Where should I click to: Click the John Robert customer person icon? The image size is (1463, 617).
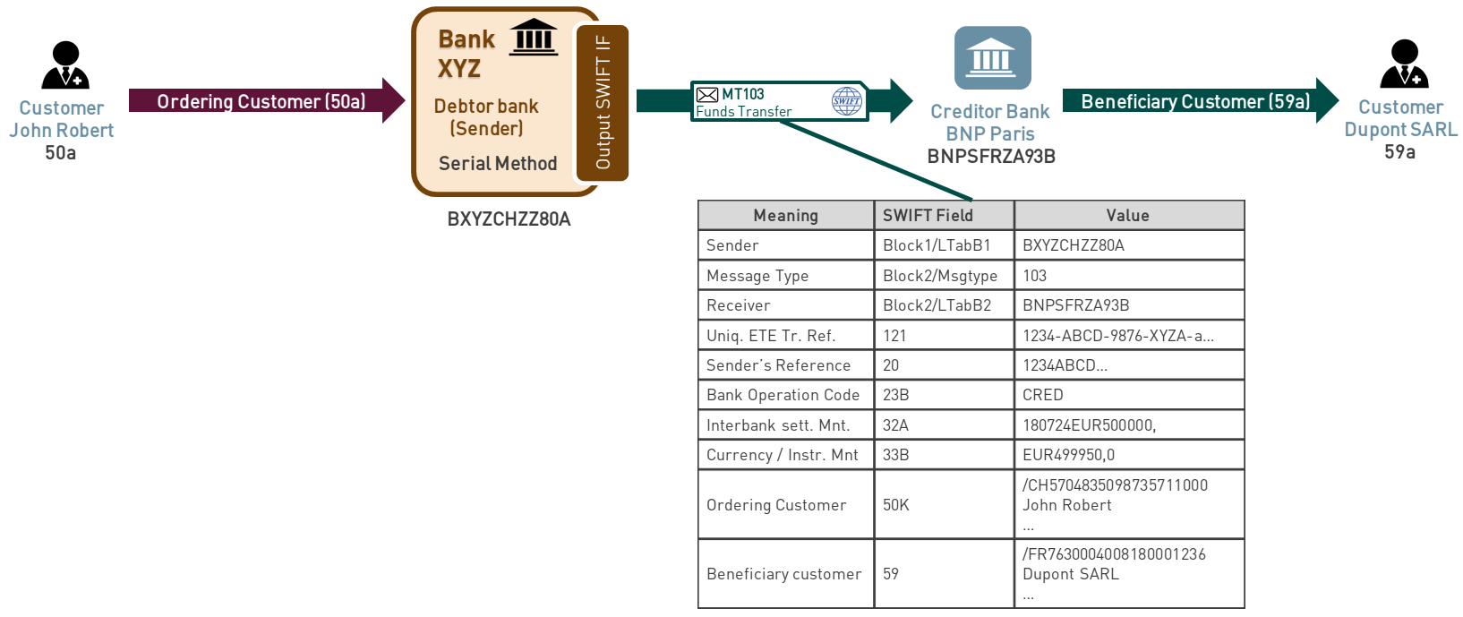coord(65,65)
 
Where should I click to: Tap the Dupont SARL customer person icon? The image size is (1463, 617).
coord(1403,64)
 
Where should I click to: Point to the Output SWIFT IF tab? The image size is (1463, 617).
coord(603,103)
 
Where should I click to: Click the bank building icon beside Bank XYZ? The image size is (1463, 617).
coord(534,37)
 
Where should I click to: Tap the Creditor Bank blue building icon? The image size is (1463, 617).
coord(992,57)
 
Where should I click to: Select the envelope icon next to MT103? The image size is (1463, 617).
coord(707,94)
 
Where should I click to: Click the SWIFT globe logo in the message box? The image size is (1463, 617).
coord(846,100)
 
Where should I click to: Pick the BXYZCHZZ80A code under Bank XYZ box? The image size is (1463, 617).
coord(509,219)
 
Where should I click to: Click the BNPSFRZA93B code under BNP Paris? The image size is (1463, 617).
coord(991,157)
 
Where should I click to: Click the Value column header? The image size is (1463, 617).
coord(1128,215)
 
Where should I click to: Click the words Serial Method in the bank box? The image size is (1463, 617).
coord(498,163)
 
